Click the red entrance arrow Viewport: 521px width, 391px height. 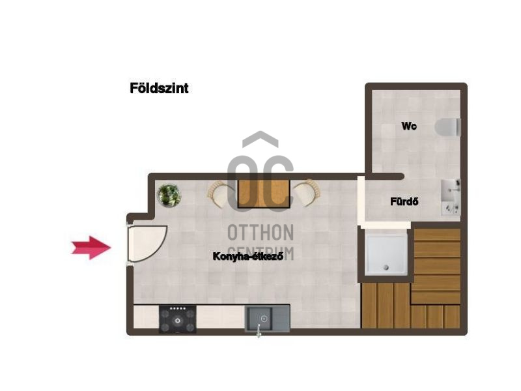click(x=91, y=248)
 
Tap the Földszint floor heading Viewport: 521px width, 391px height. click(x=159, y=88)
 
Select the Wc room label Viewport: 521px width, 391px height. click(x=409, y=126)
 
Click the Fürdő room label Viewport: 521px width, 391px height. click(x=404, y=201)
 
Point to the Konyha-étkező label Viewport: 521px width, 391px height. click(x=248, y=256)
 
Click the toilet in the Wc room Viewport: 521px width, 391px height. click(x=447, y=127)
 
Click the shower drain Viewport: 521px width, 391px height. click(x=386, y=267)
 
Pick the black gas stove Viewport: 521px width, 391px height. click(x=177, y=319)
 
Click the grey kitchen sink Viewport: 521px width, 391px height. click(x=268, y=319)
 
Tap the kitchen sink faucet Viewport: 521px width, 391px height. click(x=259, y=331)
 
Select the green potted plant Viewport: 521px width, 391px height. click(x=169, y=195)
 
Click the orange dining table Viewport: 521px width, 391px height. click(x=264, y=194)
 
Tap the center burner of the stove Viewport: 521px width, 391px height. click(x=178, y=321)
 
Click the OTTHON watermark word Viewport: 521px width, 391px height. click(x=261, y=233)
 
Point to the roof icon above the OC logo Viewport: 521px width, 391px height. click(x=260, y=137)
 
